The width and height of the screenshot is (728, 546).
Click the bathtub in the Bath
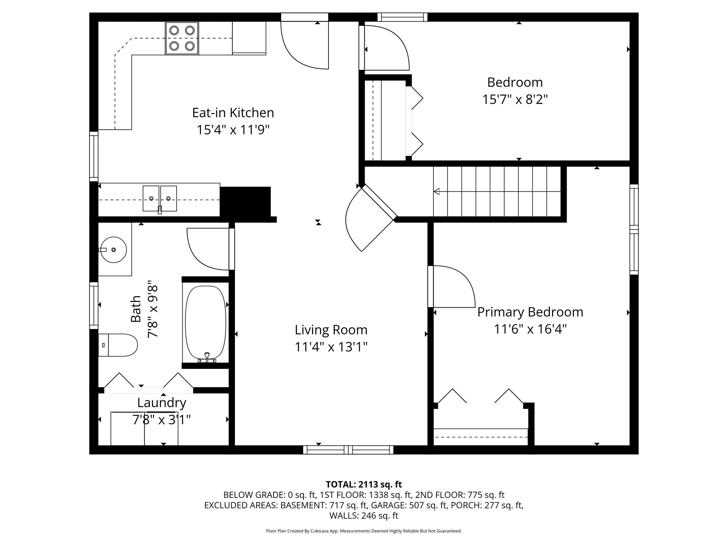click(206, 322)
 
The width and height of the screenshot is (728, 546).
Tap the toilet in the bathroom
click(118, 345)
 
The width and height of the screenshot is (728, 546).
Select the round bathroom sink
click(113, 249)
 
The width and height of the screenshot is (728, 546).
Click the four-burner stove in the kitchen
click(182, 38)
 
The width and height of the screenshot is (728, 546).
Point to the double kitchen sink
click(160, 198)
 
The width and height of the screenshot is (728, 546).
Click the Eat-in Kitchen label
click(233, 113)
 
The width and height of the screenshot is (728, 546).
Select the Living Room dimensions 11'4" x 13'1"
click(331, 347)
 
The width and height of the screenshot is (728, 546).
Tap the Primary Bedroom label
click(530, 312)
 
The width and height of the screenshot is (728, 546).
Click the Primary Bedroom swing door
click(452, 286)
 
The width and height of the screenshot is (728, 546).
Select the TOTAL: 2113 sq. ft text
click(364, 485)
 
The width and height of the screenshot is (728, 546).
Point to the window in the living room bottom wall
click(348, 450)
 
